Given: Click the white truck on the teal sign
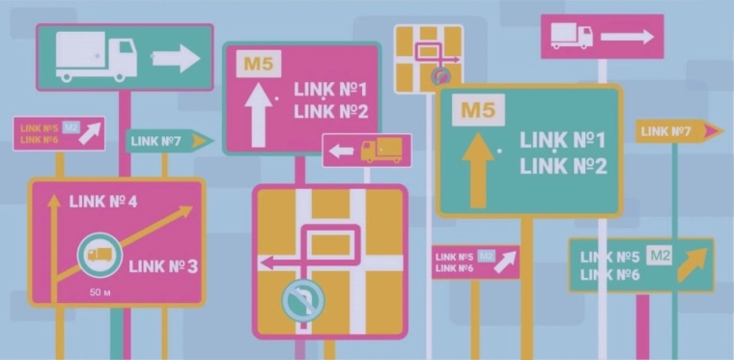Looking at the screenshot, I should point(96,58).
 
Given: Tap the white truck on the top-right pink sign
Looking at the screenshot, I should point(571,36).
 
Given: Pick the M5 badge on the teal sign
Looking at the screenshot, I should point(477,110).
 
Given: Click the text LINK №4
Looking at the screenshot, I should point(102,202).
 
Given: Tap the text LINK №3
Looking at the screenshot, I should point(162,265).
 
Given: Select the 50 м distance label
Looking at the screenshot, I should point(100,291).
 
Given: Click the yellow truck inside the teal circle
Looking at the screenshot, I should point(99,255).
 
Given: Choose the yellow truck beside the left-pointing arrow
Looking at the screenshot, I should point(381,151).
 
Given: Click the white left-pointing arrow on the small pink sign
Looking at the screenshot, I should point(342,151).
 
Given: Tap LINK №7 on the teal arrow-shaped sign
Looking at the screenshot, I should point(155,142).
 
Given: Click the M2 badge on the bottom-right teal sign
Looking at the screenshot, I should point(660,256).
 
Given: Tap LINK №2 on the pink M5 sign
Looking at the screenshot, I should point(331,111).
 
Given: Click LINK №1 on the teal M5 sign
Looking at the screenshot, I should point(563,140).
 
